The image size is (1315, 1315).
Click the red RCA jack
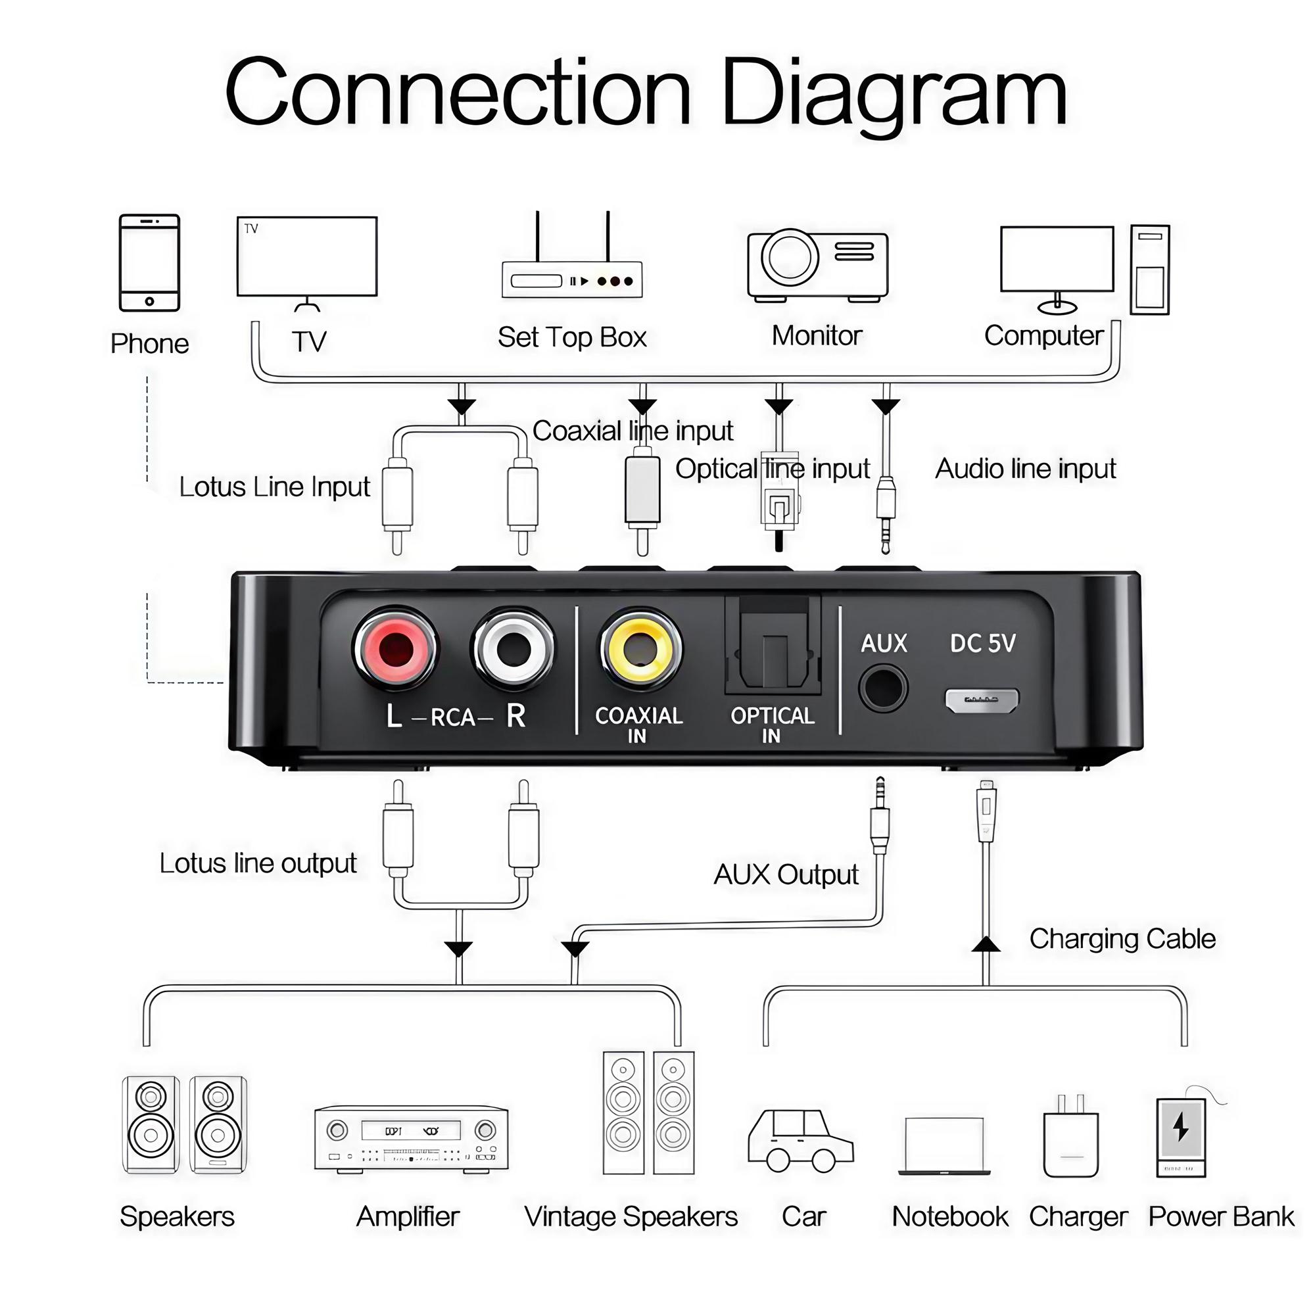click(x=395, y=649)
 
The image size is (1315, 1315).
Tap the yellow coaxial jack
click(x=640, y=649)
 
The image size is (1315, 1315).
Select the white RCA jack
click(x=514, y=649)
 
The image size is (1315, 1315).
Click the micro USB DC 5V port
click(x=982, y=700)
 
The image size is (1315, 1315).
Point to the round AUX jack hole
click(x=883, y=688)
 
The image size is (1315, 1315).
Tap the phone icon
click(x=149, y=263)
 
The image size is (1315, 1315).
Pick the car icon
click(x=800, y=1141)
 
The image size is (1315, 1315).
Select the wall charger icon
click(x=1070, y=1138)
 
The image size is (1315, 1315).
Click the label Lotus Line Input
click(x=274, y=487)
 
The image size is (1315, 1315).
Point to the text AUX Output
click(x=786, y=874)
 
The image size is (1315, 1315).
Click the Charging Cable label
click(x=1122, y=939)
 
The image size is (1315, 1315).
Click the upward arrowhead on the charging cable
click(x=986, y=945)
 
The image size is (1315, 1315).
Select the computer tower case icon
click(x=1149, y=270)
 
